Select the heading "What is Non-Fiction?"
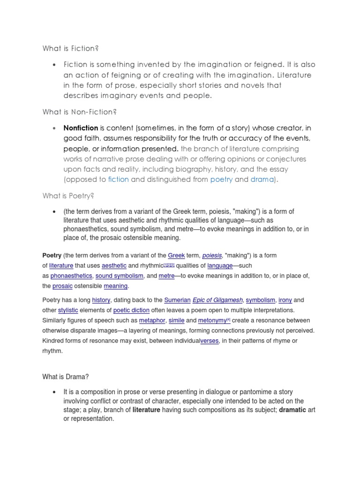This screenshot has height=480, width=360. tap(79, 112)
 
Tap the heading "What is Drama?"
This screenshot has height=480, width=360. tap(65, 377)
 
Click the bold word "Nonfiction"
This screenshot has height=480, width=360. tap(81, 128)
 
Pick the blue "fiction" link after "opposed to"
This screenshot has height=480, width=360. tap(118, 179)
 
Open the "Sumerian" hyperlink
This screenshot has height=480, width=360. tap(177, 300)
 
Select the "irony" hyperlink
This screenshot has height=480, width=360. tap(285, 300)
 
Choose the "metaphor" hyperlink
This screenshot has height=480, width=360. tap(153, 321)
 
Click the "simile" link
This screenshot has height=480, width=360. tap(176, 321)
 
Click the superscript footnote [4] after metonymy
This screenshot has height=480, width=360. tap(228, 320)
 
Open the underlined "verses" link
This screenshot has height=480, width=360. tap(210, 341)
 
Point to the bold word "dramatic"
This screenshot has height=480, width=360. tap(292, 410)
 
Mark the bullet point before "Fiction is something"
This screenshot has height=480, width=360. tap(55, 64)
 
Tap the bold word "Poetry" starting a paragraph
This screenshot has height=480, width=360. tap(52, 255)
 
